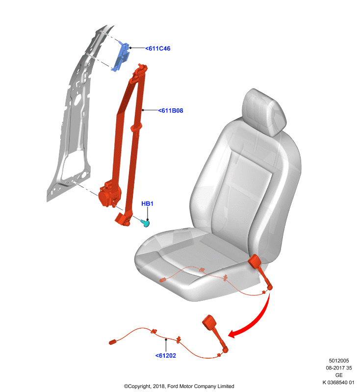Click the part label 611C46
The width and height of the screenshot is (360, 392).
[x=158, y=49]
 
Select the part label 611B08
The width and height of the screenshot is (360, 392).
[x=171, y=111]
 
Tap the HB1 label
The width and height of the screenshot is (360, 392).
[x=147, y=204]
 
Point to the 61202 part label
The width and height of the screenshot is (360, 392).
[x=166, y=356]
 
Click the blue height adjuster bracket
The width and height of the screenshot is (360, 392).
[x=121, y=56]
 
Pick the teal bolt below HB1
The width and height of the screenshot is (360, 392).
[x=145, y=223]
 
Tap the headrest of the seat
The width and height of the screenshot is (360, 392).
[x=264, y=112]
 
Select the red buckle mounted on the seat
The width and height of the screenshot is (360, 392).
[x=255, y=262]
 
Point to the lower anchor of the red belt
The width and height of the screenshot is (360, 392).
[x=124, y=219]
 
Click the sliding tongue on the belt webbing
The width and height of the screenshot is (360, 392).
[x=136, y=127]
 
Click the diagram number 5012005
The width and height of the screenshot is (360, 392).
[x=339, y=361]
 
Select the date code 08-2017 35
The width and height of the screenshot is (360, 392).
[x=339, y=368]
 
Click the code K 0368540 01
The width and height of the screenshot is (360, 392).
[x=338, y=383]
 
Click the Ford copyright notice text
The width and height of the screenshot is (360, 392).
[x=179, y=386]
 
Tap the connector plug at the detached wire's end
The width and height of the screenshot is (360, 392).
[x=113, y=342]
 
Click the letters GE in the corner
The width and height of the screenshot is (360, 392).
[x=339, y=375]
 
